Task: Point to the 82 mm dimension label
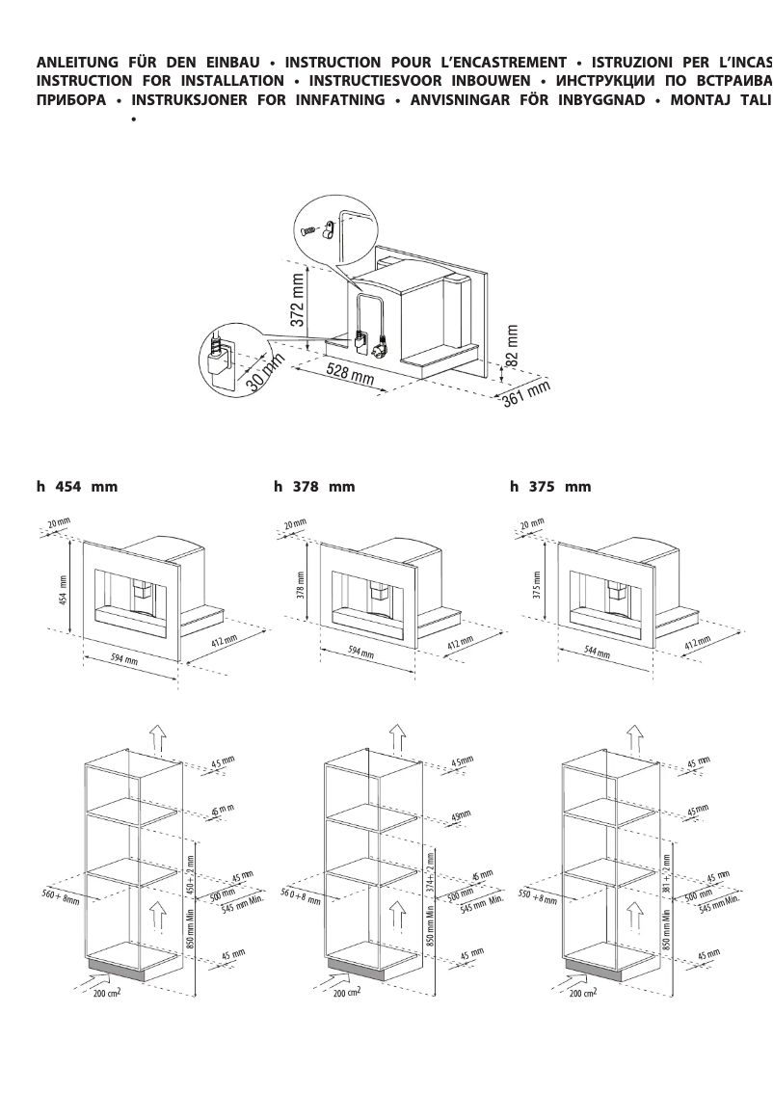point(512,345)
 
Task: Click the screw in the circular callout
point(307,229)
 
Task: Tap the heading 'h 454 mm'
point(77,487)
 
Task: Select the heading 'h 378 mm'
point(314,487)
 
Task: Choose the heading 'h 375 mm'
point(550,487)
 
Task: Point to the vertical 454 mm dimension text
point(64,584)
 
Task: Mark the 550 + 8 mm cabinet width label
point(538,895)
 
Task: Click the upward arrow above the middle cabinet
point(396,736)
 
